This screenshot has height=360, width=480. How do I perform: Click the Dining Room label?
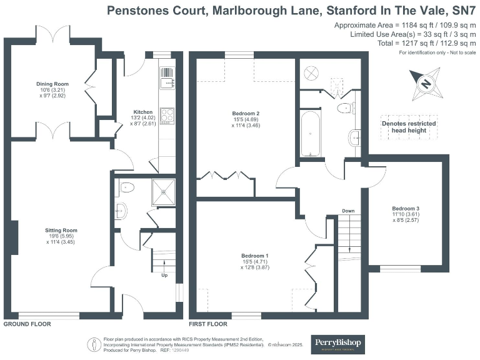pyautogui.click(x=52, y=84)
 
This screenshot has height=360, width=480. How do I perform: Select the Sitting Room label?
pyautogui.click(x=61, y=231)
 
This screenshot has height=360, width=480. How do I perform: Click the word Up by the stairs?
pyautogui.click(x=164, y=275)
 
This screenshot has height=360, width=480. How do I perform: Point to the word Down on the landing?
pyautogui.click(x=348, y=211)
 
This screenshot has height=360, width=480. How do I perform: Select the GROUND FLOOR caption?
pyautogui.click(x=27, y=324)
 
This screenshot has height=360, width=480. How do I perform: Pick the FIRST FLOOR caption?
pyautogui.click(x=208, y=324)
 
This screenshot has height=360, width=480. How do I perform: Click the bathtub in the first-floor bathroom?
pyautogui.click(x=311, y=132)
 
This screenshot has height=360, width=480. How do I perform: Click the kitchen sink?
pyautogui.click(x=167, y=81)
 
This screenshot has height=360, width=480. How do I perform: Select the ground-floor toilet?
pyautogui.click(x=127, y=186)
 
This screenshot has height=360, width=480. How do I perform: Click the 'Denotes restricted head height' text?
pyautogui.click(x=409, y=127)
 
